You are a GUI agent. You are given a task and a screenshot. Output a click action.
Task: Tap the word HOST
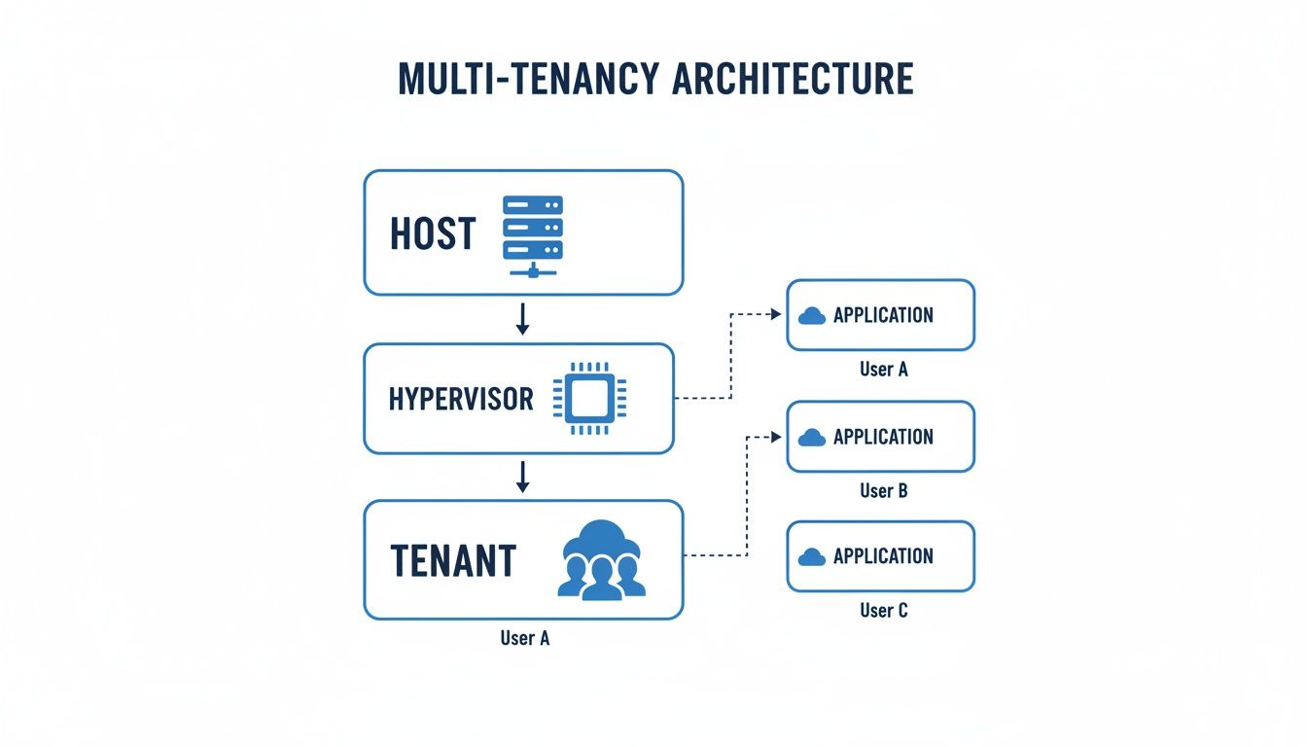pyautogui.click(x=433, y=234)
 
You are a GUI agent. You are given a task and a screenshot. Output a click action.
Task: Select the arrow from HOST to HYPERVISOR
pyautogui.click(x=522, y=319)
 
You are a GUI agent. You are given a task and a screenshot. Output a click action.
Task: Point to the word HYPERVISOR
pyautogui.click(x=461, y=399)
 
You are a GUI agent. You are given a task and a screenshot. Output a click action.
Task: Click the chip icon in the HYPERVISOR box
pyautogui.click(x=583, y=399)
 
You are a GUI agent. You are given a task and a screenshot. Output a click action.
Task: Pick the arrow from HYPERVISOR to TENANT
pyautogui.click(x=522, y=476)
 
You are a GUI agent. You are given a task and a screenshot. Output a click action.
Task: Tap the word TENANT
pyautogui.click(x=453, y=561)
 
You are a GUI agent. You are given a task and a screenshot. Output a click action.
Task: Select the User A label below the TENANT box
pyautogui.click(x=524, y=639)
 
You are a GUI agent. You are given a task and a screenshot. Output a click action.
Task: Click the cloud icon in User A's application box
pyautogui.click(x=811, y=315)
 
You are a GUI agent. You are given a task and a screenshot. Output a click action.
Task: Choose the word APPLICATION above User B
pyautogui.click(x=883, y=437)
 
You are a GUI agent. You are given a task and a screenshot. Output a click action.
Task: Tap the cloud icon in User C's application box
pyautogui.click(x=811, y=557)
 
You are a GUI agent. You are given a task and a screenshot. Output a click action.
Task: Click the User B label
pyautogui.click(x=883, y=490)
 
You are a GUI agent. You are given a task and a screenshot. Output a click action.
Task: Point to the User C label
pyautogui.click(x=883, y=611)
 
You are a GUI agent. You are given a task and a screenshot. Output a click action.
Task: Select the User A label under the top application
pyautogui.click(x=883, y=370)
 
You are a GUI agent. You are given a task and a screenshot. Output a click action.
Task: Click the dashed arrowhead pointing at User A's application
pyautogui.click(x=775, y=314)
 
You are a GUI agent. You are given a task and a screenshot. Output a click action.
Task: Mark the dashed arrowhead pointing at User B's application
pyautogui.click(x=775, y=437)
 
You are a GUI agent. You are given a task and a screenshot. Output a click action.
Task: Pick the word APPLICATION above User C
pyautogui.click(x=883, y=556)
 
